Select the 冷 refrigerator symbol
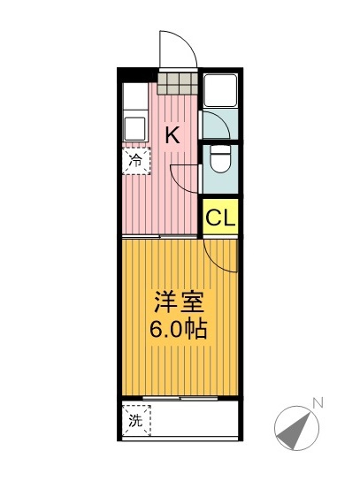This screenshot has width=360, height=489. click(136, 161)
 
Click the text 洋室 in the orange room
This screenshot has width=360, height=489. click(180, 303)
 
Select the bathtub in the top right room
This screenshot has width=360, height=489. click(219, 90)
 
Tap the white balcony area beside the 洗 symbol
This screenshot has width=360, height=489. click(195, 421)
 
